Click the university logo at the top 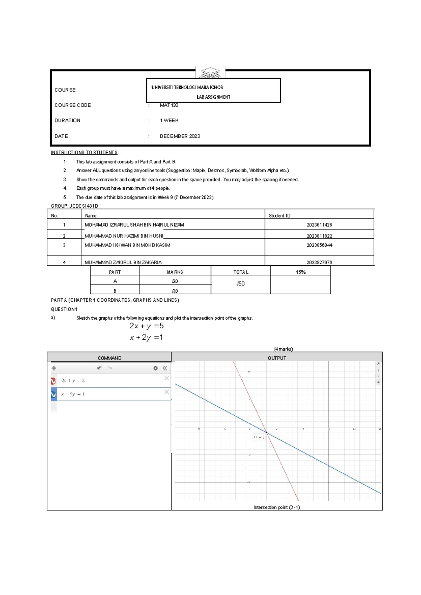[x=210, y=73]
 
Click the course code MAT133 [x=169, y=105]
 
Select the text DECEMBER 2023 [x=180, y=136]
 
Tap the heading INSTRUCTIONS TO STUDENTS [x=84, y=153]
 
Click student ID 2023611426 [x=319, y=225]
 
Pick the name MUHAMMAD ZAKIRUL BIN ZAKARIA [x=123, y=262]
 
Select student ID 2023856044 [x=319, y=245]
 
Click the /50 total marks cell [x=241, y=284]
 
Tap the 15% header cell [x=301, y=272]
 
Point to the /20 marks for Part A [x=175, y=281]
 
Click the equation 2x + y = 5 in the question [x=147, y=326]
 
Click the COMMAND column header [x=109, y=358]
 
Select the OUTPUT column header [x=277, y=358]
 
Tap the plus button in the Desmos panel [x=54, y=368]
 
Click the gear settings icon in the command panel [x=155, y=368]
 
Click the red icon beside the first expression [x=53, y=381]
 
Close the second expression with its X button [x=167, y=392]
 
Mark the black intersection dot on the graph [x=267, y=433]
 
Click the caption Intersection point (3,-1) [x=277, y=507]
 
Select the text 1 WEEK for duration [x=169, y=121]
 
